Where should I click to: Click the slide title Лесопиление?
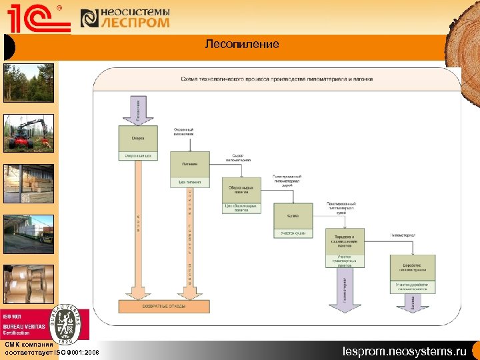242,45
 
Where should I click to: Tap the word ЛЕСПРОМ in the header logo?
135,23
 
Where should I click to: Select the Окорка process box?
138,138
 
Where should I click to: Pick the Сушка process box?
293,216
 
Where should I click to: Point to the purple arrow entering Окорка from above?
138,109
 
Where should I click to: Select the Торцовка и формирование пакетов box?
345,241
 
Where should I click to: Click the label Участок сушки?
293,233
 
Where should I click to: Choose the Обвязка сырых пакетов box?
241,190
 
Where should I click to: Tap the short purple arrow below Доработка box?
414,302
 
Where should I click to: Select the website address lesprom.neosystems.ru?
405,351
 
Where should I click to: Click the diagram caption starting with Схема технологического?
277,79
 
